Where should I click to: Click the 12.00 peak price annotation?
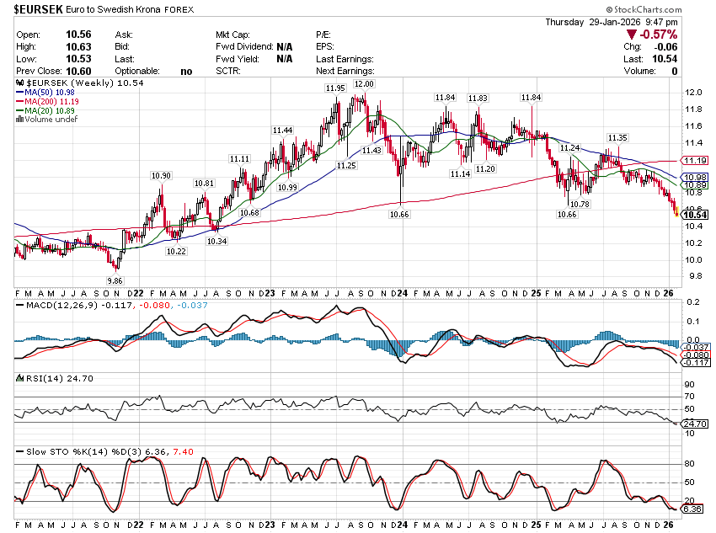(364, 84)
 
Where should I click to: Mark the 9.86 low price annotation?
(115, 280)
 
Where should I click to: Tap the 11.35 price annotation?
(617, 137)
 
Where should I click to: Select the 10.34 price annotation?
(216, 242)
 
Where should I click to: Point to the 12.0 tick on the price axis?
(694, 93)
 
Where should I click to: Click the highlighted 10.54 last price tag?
(694, 216)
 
